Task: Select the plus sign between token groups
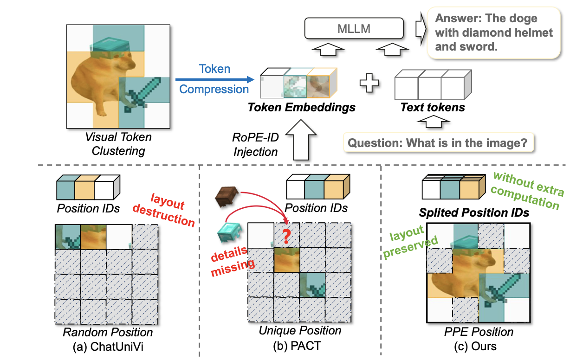pyautogui.click(x=369, y=84)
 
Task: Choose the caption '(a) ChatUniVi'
pyautogui.click(x=108, y=346)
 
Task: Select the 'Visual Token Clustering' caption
pyautogui.click(x=118, y=144)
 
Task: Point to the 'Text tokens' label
pyautogui.click(x=432, y=108)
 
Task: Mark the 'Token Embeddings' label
pyautogui.click(x=301, y=108)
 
